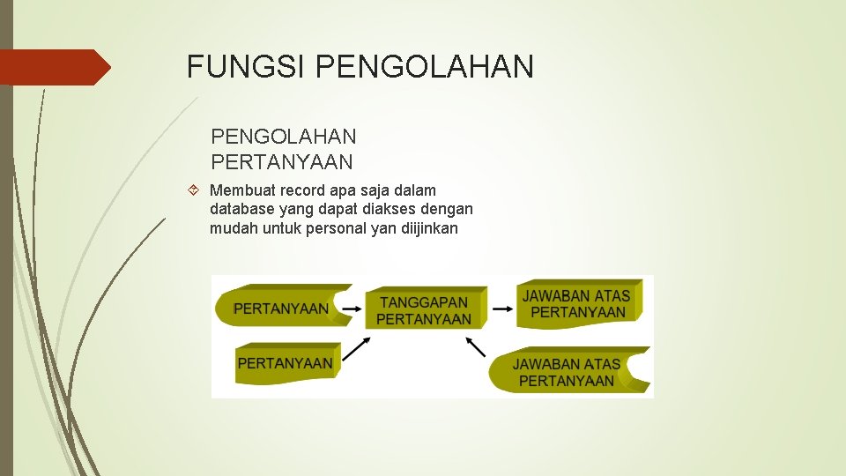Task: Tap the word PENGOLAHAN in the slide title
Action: (424, 67)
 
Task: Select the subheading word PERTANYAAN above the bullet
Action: (282, 162)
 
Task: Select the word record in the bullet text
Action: (304, 190)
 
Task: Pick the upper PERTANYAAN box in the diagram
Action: (280, 308)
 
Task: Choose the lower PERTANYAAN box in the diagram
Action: (286, 362)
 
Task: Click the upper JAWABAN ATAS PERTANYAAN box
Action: (578, 304)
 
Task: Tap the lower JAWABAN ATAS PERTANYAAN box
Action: (568, 372)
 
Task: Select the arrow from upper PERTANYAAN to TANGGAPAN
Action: (351, 309)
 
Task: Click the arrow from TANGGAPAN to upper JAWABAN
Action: (502, 309)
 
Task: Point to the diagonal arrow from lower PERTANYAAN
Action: (354, 349)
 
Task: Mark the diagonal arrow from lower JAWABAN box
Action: (476, 346)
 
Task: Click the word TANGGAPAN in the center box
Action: (424, 302)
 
